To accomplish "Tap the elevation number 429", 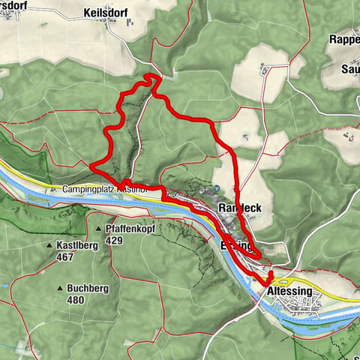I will click(x=114, y=240).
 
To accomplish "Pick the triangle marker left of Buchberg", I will click(x=60, y=289).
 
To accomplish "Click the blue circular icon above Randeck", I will click(x=217, y=188).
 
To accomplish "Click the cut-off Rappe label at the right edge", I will click(x=344, y=39).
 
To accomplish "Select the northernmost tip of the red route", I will click(x=153, y=76).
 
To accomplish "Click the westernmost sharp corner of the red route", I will click(x=90, y=166).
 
